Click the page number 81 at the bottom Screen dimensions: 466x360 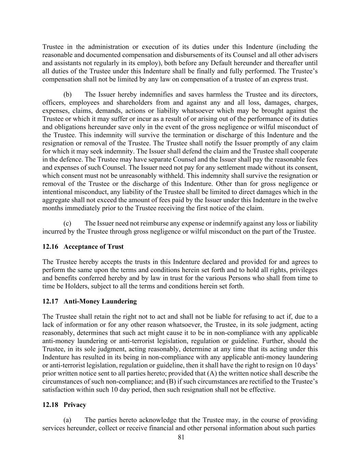coord(181,438)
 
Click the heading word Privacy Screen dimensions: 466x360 coord(75,405)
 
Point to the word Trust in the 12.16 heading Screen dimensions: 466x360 coord(115,247)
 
